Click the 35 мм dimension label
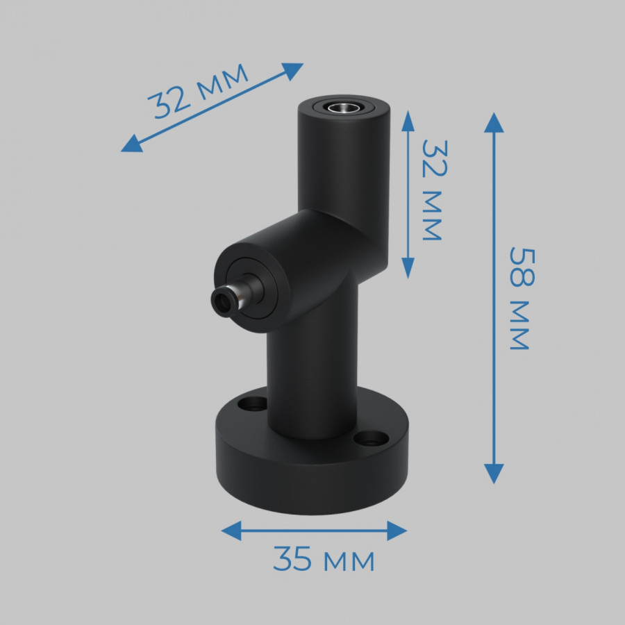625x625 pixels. coord(324,559)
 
